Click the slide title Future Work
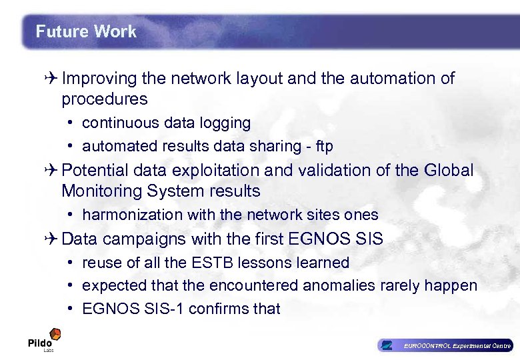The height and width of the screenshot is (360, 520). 86,31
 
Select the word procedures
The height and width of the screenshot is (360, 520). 104,99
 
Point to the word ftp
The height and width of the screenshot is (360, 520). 324,146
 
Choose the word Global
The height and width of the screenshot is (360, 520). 448,171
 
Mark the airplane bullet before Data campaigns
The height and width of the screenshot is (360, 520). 53,239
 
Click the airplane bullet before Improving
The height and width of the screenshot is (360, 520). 53,79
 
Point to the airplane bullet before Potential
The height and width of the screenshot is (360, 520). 53,171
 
